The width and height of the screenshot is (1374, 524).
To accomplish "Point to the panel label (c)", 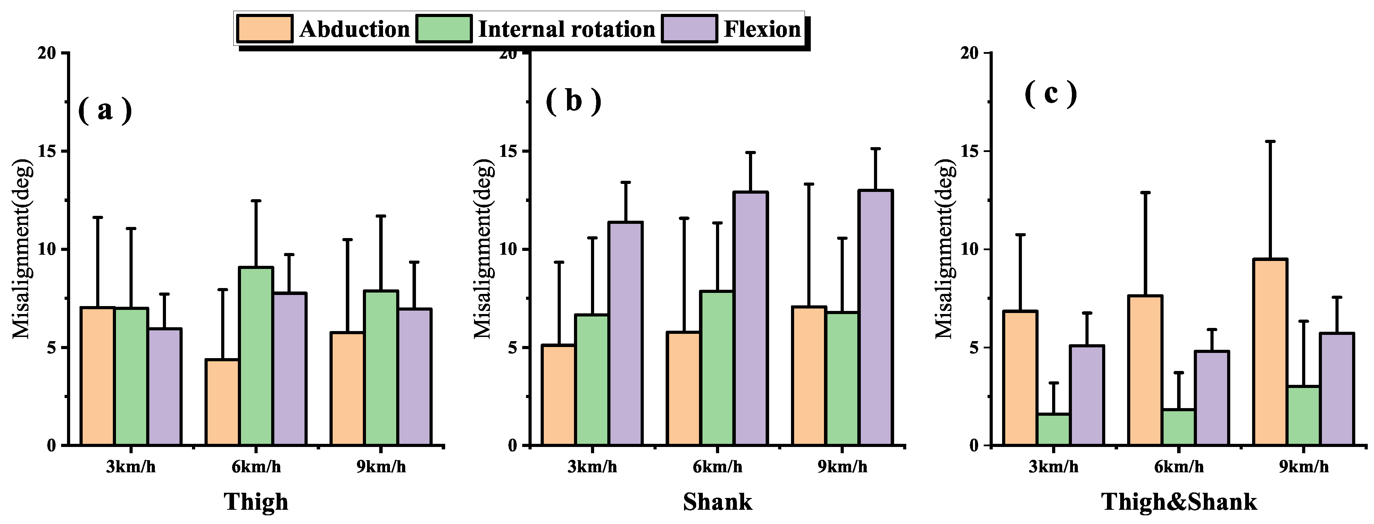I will pyautogui.click(x=1050, y=94).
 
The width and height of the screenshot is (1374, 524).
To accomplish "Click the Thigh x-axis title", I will pyautogui.click(x=256, y=501).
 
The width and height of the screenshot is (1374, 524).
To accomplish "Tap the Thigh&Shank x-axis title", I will pyautogui.click(x=1179, y=501).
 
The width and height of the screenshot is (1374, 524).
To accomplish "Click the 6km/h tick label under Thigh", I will pyautogui.click(x=256, y=467).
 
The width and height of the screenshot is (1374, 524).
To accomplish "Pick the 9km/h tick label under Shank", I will pyautogui.click(x=842, y=467).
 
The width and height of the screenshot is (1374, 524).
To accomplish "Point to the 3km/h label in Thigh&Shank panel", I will pyautogui.click(x=1054, y=467).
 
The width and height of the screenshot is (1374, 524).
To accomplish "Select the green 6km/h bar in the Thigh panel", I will pyautogui.click(x=256, y=356).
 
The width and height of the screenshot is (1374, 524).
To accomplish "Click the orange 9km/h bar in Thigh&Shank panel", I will pyautogui.click(x=1270, y=352).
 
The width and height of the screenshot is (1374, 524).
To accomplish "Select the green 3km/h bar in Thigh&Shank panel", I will pyautogui.click(x=1054, y=429).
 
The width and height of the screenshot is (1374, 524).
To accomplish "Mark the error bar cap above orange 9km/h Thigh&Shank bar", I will pyautogui.click(x=1270, y=141).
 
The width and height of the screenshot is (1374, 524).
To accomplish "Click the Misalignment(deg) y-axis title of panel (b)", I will pyautogui.click(x=483, y=249).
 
